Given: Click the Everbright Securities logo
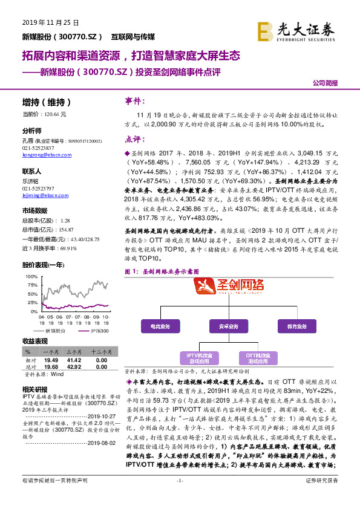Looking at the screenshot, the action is tap(297, 30).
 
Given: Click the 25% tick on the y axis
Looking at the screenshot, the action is tap(31, 302).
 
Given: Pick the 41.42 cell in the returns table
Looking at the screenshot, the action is tap(74, 360).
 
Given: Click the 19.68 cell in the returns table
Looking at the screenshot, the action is tap(51, 367).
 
